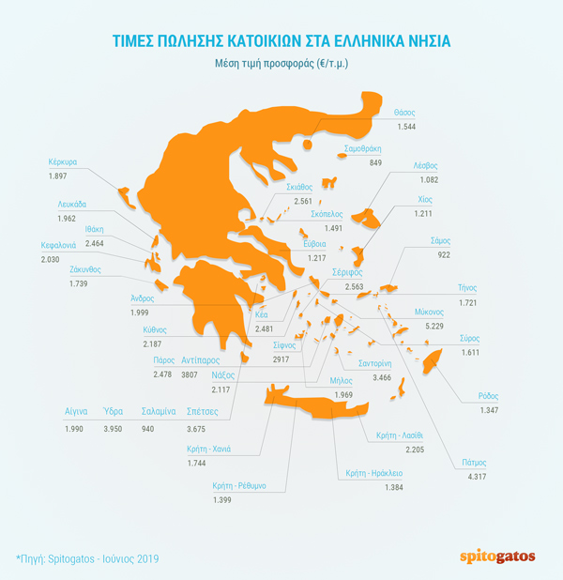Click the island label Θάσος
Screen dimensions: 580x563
tap(404, 111)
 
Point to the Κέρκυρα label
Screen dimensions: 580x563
tap(64, 161)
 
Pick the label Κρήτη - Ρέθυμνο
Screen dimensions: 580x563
tap(239, 485)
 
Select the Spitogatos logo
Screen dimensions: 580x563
tap(499, 557)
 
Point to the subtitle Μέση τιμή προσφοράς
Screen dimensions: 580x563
tap(281, 64)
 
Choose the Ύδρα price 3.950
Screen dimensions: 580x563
tap(114, 429)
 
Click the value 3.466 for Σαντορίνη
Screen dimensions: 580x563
tap(382, 376)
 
